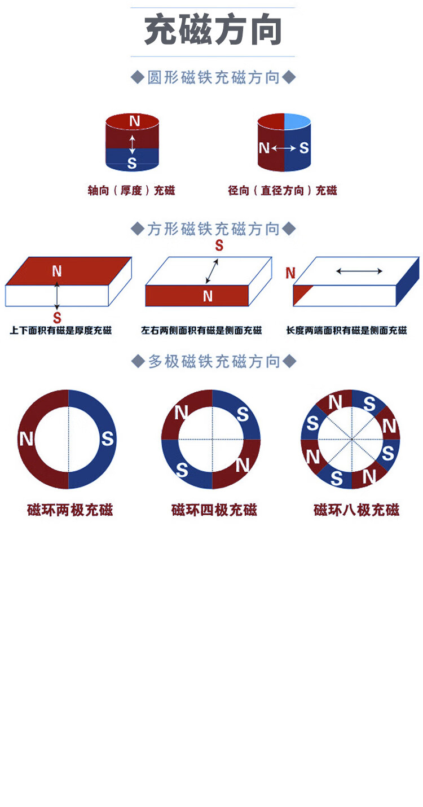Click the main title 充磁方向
pos(213,29)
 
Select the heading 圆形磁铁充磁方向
pos(213,77)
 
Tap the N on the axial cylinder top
pos(135,121)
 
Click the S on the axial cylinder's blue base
pos(132,163)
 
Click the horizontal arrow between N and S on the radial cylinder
pos(284,148)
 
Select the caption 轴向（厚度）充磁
pos(131,190)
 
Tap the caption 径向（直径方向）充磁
pos(283,190)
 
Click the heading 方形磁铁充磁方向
pos(213,229)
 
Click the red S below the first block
pos(57,318)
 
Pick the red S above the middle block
pos(219,245)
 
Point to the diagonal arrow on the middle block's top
pos(212,271)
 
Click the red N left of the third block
pos(290,273)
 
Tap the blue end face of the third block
pos(408,282)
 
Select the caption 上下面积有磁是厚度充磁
pos(60,330)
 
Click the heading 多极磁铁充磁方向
pos(214,361)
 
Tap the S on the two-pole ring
pos(107,438)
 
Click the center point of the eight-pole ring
pos(352,439)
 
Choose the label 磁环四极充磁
pos(214,510)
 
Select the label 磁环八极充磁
pos(356,510)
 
